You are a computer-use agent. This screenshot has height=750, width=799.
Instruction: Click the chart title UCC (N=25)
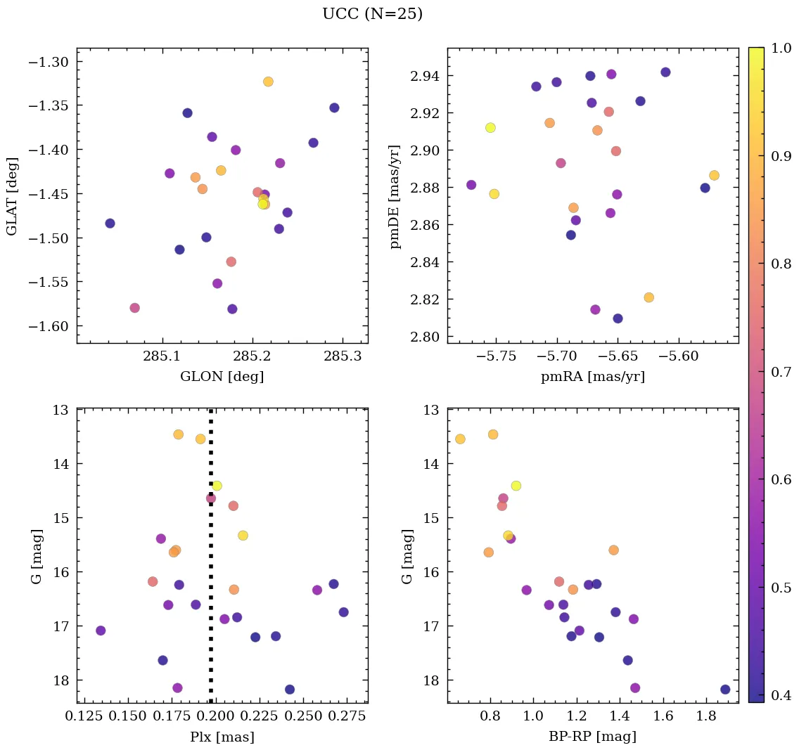pyautogui.click(x=372, y=14)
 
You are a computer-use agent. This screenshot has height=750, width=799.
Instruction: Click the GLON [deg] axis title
pyautogui.click(x=222, y=377)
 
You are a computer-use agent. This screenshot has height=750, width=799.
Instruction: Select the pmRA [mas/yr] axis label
pyautogui.click(x=592, y=377)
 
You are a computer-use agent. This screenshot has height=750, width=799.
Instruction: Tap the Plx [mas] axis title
pyautogui.click(x=222, y=737)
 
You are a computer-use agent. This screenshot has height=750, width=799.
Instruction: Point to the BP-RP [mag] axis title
pyautogui.click(x=592, y=737)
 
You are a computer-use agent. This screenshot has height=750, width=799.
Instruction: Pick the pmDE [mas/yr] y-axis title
pyautogui.click(x=395, y=196)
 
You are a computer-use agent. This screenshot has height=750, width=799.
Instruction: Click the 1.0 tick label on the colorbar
pyautogui.click(x=781, y=49)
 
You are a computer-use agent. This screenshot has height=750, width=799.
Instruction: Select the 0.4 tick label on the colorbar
pyautogui.click(x=781, y=696)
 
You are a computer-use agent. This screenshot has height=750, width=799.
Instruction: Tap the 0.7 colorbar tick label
pyautogui.click(x=781, y=372)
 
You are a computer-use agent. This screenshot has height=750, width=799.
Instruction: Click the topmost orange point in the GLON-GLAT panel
pyautogui.click(x=268, y=82)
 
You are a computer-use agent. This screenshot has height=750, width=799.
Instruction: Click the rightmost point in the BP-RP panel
pyautogui.click(x=725, y=690)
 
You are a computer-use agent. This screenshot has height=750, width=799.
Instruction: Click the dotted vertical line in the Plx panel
pyautogui.click(x=211, y=562)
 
